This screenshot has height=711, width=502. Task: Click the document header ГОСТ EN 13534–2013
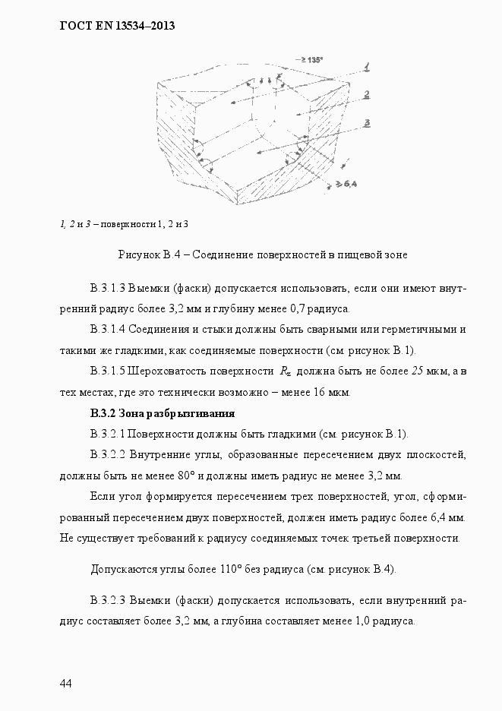pyautogui.click(x=117, y=26)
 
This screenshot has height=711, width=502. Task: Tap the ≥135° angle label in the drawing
pyautogui.click(x=311, y=59)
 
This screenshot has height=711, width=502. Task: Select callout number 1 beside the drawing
pyautogui.click(x=366, y=68)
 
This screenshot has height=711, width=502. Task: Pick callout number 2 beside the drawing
pyautogui.click(x=366, y=94)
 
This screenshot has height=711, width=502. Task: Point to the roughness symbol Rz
pyautogui.click(x=285, y=371)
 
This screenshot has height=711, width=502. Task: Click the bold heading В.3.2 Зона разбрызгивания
pyautogui.click(x=162, y=414)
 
